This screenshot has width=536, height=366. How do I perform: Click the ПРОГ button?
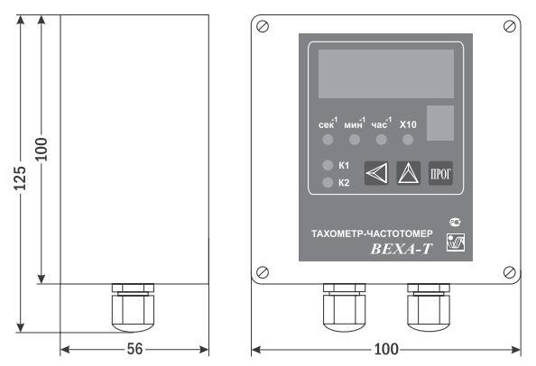[x=440, y=173]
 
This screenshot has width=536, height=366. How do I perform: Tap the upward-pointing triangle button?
[x=409, y=173]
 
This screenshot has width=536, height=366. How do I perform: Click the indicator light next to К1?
[x=328, y=165]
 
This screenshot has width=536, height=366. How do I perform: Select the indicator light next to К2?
[x=328, y=182]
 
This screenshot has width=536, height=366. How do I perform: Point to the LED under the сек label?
[x=328, y=140]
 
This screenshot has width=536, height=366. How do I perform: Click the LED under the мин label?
[x=355, y=140]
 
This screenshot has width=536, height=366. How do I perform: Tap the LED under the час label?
[x=381, y=140]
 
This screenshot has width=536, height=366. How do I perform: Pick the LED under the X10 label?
[x=408, y=140]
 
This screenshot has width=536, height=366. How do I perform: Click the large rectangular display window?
[x=386, y=74]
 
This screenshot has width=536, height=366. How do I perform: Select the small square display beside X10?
[x=440, y=123]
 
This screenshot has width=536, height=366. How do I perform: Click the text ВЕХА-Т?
[x=402, y=249]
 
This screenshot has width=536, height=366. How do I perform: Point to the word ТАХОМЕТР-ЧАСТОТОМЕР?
[x=372, y=233]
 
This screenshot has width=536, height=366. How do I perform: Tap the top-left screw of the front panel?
[x=263, y=26]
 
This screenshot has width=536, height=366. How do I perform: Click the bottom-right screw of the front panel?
[x=510, y=272]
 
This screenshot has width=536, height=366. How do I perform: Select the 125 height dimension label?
[x=20, y=178]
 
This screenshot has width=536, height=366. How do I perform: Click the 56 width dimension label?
[x=134, y=349]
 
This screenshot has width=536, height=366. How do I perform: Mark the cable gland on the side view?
[x=133, y=307]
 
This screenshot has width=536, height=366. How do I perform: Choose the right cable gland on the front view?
[x=429, y=307]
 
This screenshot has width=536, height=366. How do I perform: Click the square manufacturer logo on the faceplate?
[x=456, y=242]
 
